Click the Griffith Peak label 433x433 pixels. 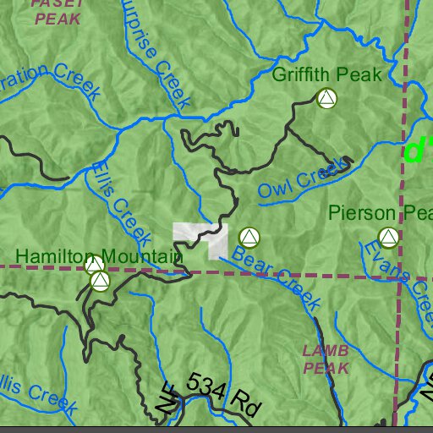327,74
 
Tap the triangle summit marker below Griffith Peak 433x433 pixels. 326,100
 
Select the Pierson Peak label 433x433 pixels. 380,213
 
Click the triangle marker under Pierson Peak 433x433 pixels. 388,238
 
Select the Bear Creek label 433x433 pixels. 277,277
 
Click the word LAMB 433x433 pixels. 326,350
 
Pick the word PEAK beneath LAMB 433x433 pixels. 326,369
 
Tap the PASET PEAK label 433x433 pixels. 56,10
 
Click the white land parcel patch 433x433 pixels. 203,236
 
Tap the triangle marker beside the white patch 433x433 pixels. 248,238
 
